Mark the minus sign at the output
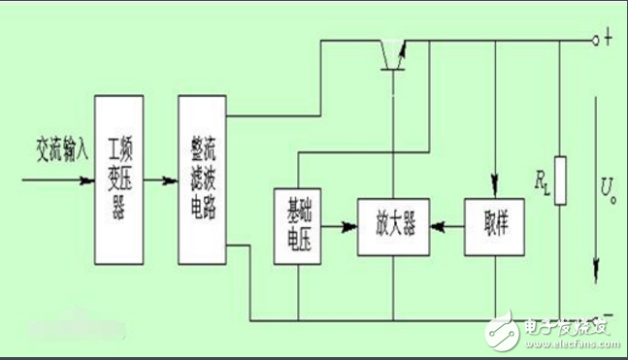point(609,316)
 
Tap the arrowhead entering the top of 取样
point(496,182)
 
